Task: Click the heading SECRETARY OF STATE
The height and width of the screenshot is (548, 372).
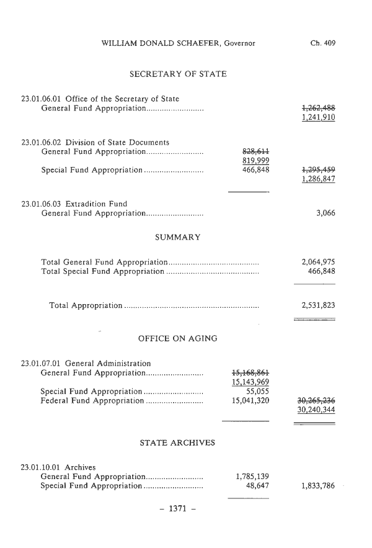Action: pos(178,74)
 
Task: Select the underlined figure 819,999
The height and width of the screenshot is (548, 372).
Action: pos(255,161)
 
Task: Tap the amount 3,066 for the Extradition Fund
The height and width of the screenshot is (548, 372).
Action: pos(325,213)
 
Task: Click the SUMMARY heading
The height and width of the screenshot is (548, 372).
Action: pos(177,237)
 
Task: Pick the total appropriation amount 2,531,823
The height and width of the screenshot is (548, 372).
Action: pos(318,305)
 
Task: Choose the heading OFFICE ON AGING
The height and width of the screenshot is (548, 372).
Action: pos(177,339)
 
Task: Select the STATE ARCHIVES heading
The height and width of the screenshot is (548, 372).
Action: pos(177,442)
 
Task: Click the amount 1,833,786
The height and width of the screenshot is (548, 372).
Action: pos(318,486)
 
